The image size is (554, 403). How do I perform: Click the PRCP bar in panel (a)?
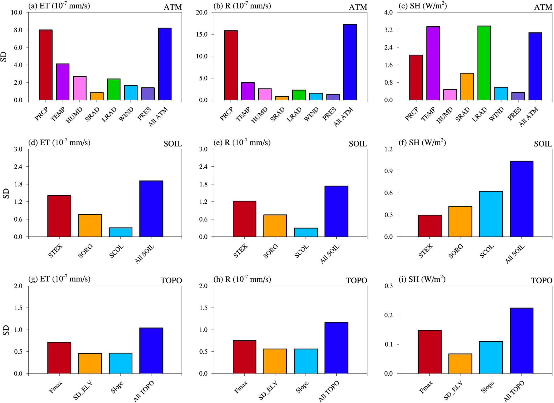pos(46,65)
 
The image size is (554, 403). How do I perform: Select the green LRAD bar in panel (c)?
pos(484,63)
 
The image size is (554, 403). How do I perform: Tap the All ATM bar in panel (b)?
pos(350,62)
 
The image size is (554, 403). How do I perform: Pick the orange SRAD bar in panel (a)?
pos(97,96)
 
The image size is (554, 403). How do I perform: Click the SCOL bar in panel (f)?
pos(491,214)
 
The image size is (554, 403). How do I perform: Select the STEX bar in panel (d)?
pos(59,216)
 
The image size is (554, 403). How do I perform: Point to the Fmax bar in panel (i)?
pos(430,352)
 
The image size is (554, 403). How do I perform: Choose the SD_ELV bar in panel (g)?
pos(90,363)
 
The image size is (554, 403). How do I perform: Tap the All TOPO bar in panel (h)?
pos(336,348)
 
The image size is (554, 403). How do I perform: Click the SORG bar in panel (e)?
pos(275,226)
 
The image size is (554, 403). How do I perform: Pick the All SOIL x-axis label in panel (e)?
pos(330,254)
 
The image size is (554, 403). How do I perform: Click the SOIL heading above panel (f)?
pos(543,144)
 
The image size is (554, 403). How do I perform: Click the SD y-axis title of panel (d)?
pos(6,193)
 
